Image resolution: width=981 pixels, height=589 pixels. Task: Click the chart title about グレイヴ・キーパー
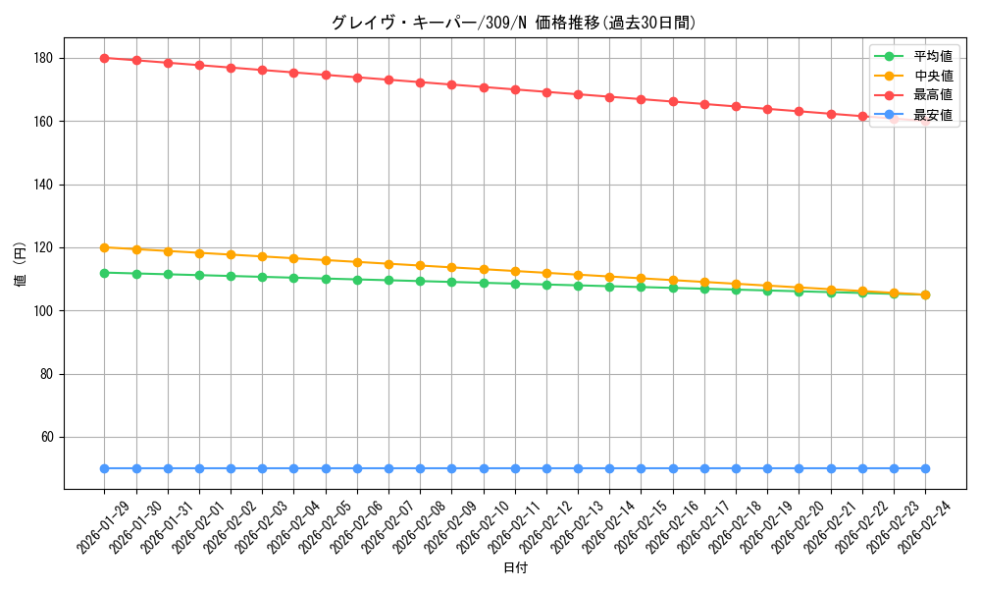[x=514, y=23]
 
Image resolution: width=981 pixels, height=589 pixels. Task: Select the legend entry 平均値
[x=933, y=57]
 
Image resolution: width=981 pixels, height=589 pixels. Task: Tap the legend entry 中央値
[x=933, y=76]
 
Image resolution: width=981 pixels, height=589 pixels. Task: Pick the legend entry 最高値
[x=933, y=95]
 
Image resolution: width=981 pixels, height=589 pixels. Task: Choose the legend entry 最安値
[x=933, y=115]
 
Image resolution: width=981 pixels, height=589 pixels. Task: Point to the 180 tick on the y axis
[x=46, y=58]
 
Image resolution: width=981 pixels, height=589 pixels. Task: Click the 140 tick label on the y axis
[x=46, y=185]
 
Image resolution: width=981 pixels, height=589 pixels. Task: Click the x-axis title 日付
[x=515, y=568]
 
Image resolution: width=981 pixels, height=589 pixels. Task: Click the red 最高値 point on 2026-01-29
[x=105, y=58]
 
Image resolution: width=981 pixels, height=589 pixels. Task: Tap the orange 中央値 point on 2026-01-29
[x=105, y=247]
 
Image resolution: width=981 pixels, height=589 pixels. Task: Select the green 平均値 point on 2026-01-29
[x=105, y=273]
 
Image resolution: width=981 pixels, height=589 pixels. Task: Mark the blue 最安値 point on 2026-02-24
[x=925, y=468]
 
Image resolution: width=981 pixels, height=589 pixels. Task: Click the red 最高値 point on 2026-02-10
[x=484, y=87]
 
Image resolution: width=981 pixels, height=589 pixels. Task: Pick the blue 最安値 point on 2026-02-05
[x=326, y=468]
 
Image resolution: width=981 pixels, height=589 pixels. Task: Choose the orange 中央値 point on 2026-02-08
[x=420, y=265]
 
